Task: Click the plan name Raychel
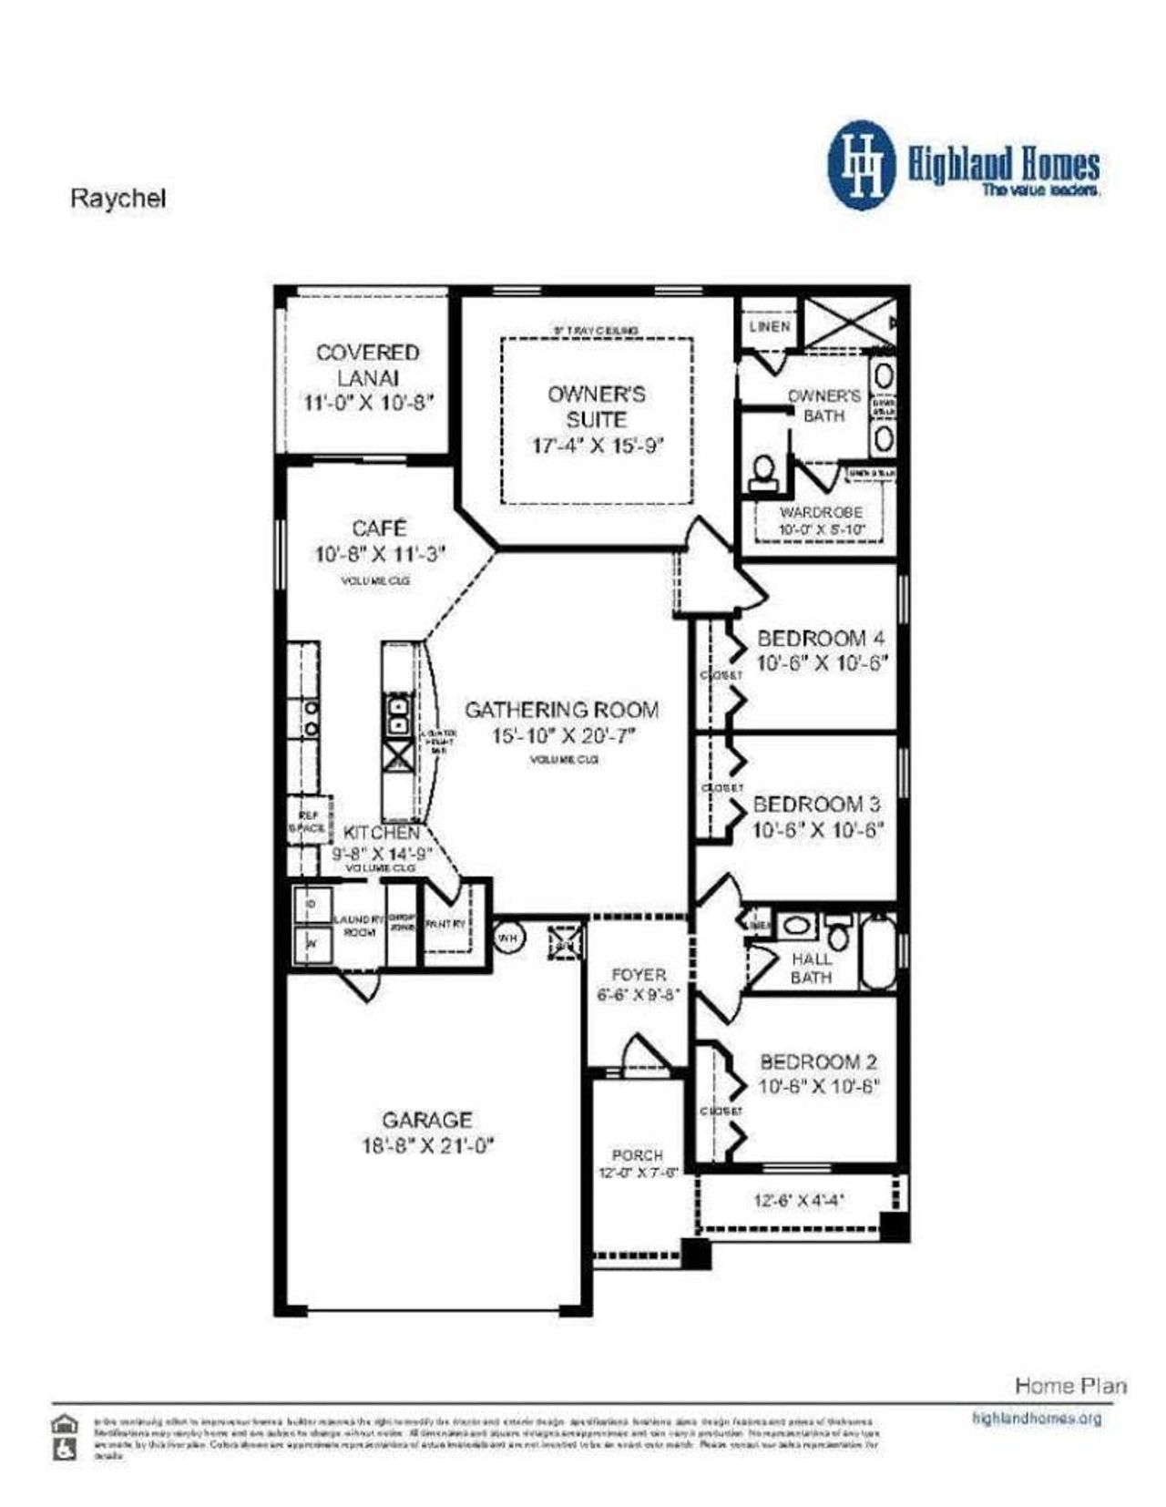click(118, 199)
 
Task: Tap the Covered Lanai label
click(368, 364)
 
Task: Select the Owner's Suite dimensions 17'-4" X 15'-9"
click(597, 446)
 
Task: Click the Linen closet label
click(770, 326)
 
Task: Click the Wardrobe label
click(821, 513)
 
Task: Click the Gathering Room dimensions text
click(562, 735)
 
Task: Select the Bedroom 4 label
click(820, 638)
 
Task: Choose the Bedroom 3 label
click(816, 804)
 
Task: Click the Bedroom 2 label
click(818, 1061)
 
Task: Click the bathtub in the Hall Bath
click(878, 953)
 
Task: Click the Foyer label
click(638, 974)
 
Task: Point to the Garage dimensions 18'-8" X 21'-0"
click(426, 1145)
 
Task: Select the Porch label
click(638, 1154)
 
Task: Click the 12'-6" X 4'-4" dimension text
click(798, 1200)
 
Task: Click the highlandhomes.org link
click(1037, 1419)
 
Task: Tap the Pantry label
click(445, 924)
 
